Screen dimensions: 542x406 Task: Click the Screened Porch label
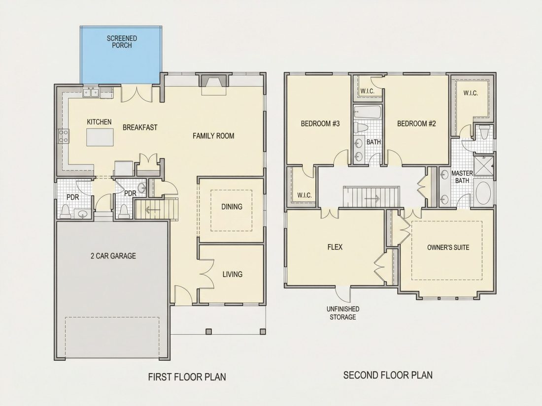point(122,42)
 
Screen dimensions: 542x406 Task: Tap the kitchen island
point(100,137)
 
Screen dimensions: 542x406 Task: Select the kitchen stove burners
point(63,135)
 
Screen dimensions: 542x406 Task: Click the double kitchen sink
point(91,93)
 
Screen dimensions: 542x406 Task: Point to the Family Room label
point(213,136)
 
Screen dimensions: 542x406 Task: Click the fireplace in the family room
point(214,85)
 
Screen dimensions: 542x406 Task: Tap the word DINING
point(232,207)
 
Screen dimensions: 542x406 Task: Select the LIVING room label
point(232,274)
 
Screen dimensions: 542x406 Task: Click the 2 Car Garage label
point(113,256)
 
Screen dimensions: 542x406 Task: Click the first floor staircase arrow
point(151,210)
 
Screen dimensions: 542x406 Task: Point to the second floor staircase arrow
point(372,198)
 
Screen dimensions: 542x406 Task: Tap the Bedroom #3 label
point(320,124)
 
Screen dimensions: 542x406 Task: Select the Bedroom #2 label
point(416,124)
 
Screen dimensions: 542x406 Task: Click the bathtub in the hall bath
point(367,112)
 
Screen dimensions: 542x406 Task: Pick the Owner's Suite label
point(448,247)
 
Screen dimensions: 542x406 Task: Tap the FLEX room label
point(335,247)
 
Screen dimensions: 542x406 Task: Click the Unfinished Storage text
point(343,313)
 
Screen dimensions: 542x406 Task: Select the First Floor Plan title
point(187,376)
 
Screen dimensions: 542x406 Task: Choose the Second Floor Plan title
point(388,375)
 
